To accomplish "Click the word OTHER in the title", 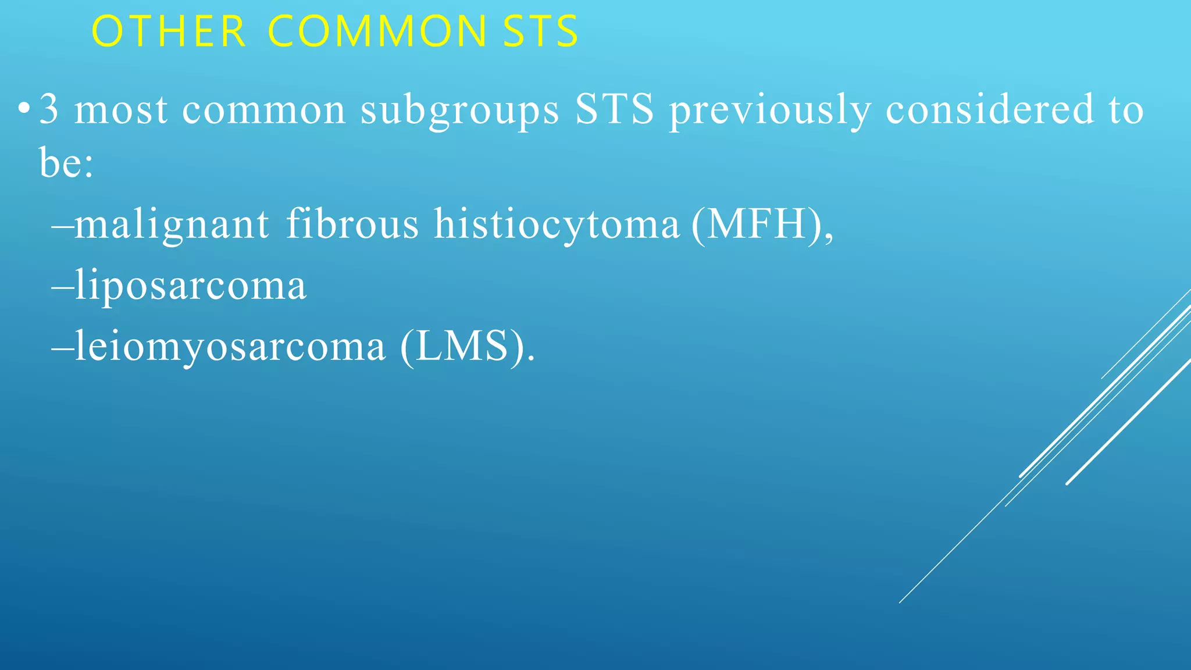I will (x=169, y=31).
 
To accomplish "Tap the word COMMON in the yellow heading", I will (x=377, y=31).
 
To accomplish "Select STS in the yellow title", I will (x=541, y=31).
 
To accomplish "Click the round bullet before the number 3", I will (x=23, y=109).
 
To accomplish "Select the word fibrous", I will (x=352, y=223).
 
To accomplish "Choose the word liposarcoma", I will (x=191, y=286).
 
